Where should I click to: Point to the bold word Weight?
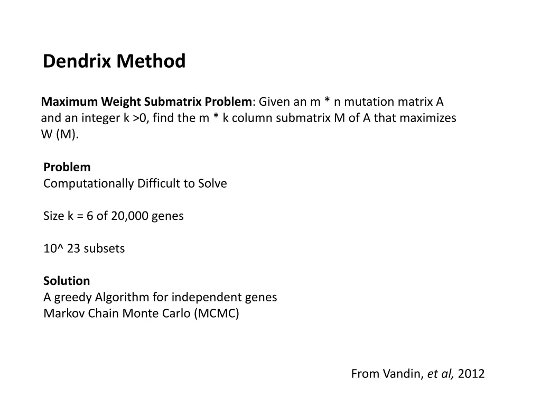coord(120,101)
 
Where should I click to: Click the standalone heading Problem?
coord(67,167)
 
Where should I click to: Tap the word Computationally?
coord(89,183)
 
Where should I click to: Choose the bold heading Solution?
coord(67,281)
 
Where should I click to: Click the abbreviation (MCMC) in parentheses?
coord(217,313)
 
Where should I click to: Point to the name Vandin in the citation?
coord(406,374)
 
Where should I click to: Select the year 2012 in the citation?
coord(471,374)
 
